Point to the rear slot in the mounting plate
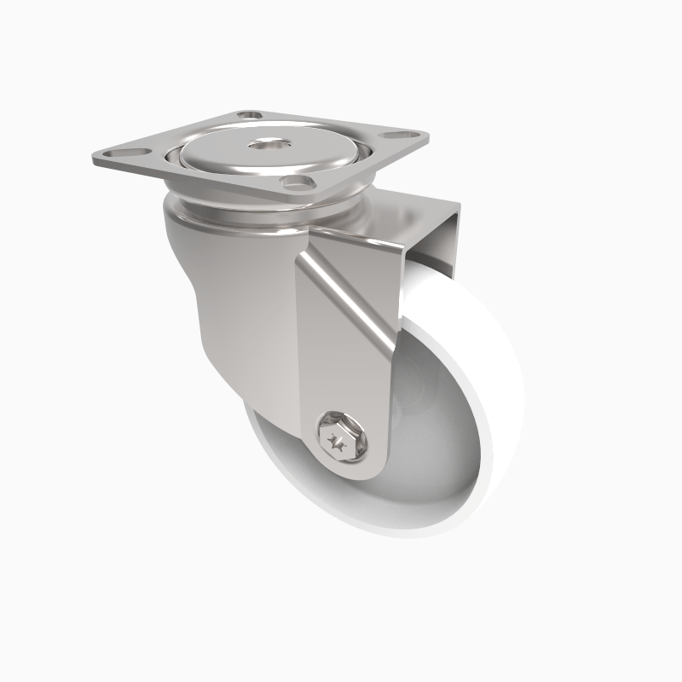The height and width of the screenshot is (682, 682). (249, 113)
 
